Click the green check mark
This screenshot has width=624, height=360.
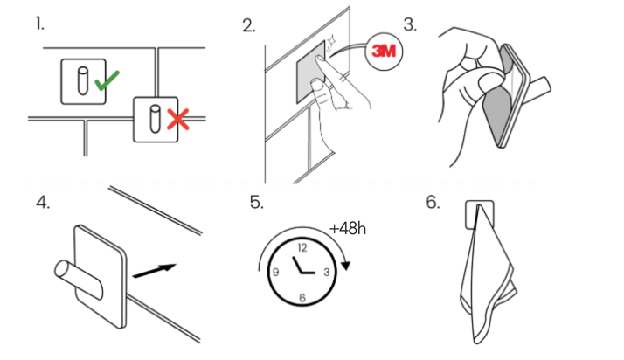coord(106,81)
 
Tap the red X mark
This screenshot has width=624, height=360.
coord(178,120)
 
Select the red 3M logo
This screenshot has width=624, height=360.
coord(384,51)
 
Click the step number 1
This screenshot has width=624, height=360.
coord(39,24)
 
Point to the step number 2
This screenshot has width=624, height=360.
coord(249,26)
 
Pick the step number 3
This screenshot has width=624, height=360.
coord(410,24)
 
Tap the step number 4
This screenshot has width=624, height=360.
coord(43,203)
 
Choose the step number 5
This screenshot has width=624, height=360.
coord(257,202)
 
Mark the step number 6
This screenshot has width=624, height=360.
coord(433,202)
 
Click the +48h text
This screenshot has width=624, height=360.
coord(348,229)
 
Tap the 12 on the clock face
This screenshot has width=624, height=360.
coord(302,248)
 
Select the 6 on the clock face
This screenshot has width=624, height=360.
coord(302,298)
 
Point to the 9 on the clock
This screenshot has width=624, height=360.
coord(275,272)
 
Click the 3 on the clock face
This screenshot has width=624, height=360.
coord(327,272)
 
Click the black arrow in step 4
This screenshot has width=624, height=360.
coord(154,271)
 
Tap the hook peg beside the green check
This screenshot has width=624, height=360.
coord(82,81)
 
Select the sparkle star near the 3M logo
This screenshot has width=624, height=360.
coord(331,41)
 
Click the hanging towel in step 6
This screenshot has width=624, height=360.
coord(488,274)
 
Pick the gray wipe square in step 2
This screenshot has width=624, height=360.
coord(310,73)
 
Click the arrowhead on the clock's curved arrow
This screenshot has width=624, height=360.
coord(346,266)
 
